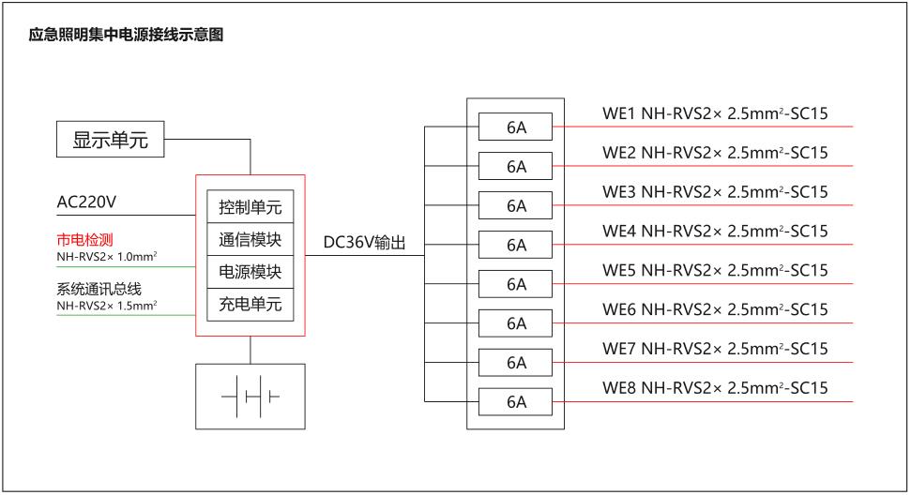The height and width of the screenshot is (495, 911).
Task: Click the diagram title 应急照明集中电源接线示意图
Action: coord(127,36)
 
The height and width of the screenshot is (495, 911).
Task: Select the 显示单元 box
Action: coord(111,141)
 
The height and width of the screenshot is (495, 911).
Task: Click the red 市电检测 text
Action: coord(85,239)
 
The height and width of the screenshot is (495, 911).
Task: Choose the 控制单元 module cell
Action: coord(250,207)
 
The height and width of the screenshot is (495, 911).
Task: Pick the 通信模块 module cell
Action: coord(250,239)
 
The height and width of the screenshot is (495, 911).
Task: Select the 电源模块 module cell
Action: coord(250,272)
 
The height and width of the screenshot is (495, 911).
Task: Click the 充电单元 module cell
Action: coord(250,305)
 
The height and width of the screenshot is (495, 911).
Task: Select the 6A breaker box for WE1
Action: coord(516,127)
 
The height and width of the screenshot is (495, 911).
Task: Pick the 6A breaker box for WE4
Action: coord(516,245)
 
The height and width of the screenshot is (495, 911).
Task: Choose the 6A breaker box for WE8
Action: coord(516,402)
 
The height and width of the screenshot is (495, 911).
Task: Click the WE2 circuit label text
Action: coord(715,153)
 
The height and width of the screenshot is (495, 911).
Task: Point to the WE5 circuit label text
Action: coord(715,271)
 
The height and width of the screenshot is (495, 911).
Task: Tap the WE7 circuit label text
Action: coord(715,349)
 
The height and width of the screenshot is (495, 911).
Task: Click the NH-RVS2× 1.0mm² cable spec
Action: coord(107,256)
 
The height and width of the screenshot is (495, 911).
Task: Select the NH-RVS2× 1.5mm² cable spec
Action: coord(107,305)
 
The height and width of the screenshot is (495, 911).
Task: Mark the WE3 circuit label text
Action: coord(715,192)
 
